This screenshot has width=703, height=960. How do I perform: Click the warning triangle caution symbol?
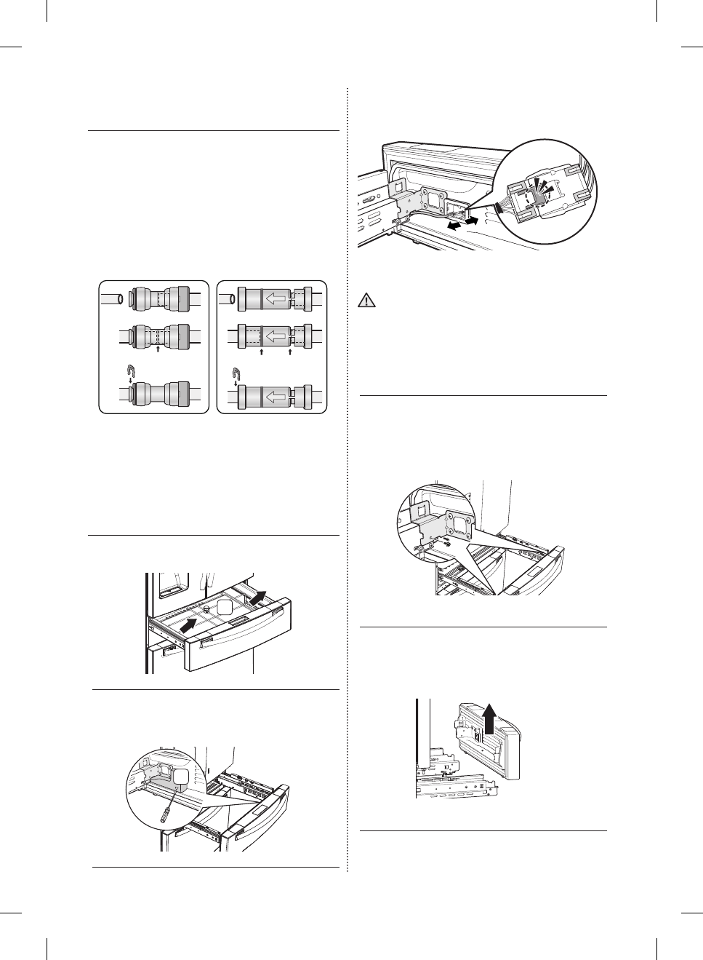pyautogui.click(x=368, y=301)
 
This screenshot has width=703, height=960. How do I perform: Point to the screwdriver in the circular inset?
pyautogui.click(x=166, y=806)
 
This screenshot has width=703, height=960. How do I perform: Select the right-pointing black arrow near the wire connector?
pyautogui.click(x=472, y=218)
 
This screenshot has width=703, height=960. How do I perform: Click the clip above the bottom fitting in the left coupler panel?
pyautogui.click(x=128, y=370)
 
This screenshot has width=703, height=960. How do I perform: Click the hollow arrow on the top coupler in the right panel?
pyautogui.click(x=274, y=298)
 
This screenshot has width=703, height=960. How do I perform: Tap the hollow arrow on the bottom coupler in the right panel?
pyautogui.click(x=274, y=397)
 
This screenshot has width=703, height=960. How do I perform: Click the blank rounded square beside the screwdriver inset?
pyautogui.click(x=182, y=779)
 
